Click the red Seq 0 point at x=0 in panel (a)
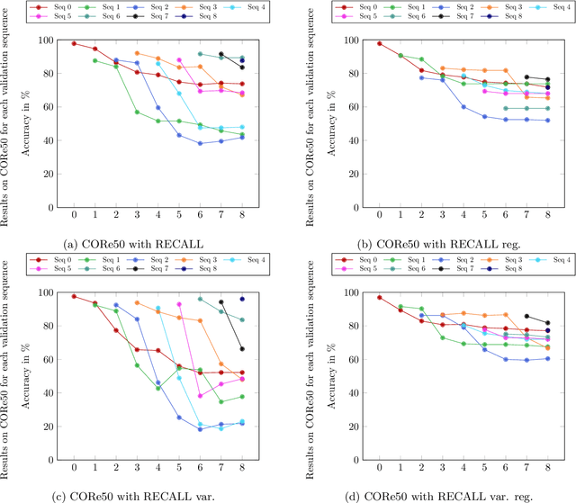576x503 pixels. [x=73, y=43]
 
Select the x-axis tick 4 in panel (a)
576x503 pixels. [x=157, y=216]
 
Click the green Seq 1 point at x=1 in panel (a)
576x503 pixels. [x=94, y=60]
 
